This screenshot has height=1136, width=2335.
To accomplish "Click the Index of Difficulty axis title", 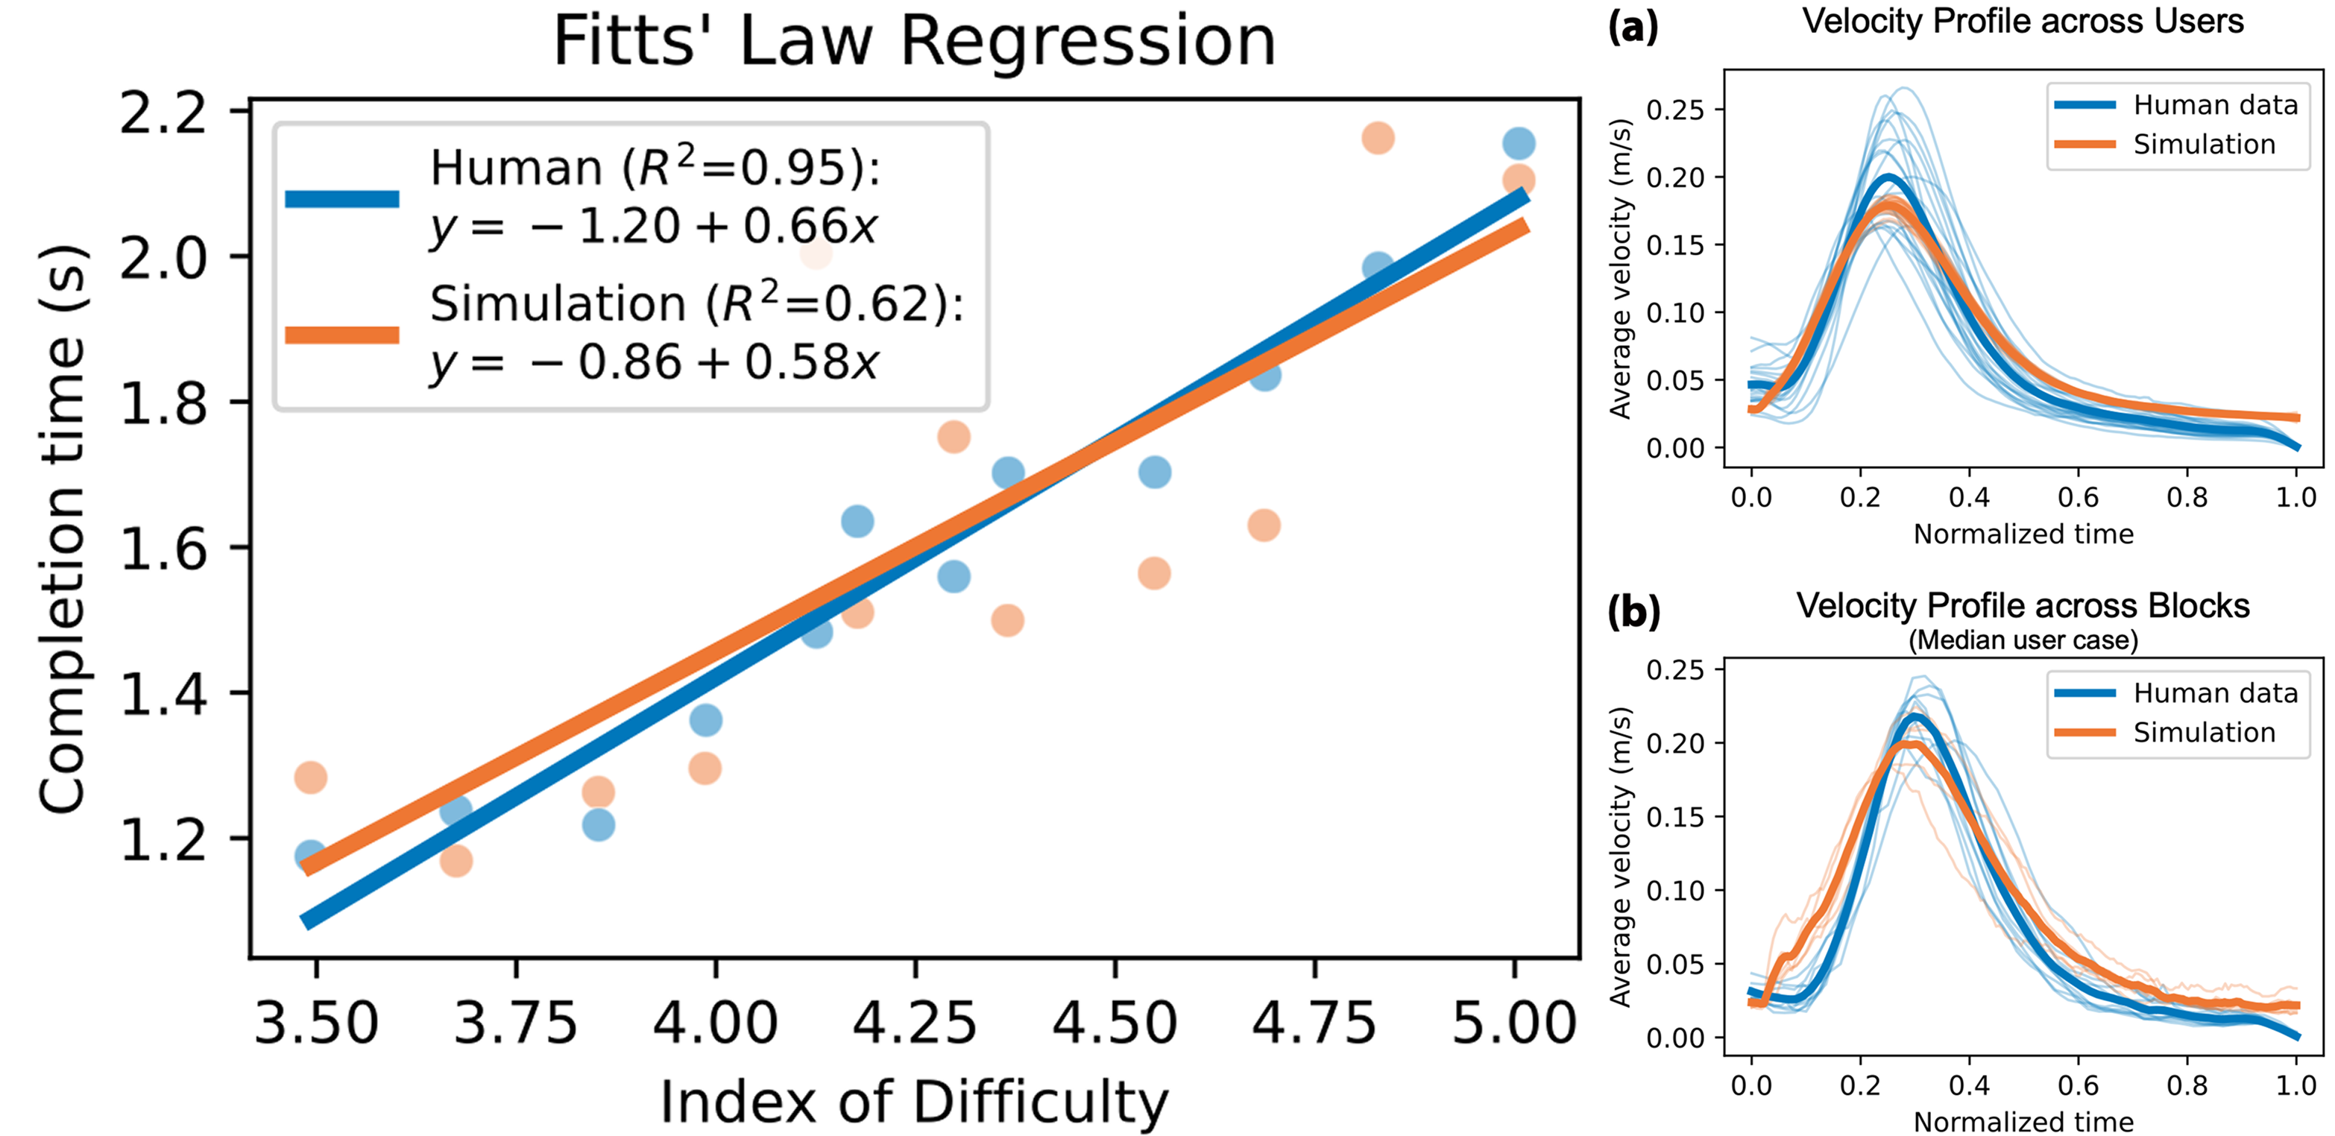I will (914, 1102).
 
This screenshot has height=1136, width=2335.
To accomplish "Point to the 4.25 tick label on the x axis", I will (915, 1023).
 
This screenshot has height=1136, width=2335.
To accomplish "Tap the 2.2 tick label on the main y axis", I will (163, 113).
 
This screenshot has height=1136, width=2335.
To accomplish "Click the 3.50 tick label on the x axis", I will (315, 1023).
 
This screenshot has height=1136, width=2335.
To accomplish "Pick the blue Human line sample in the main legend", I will (341, 198).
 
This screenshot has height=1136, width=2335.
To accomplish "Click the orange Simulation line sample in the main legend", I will (341, 335).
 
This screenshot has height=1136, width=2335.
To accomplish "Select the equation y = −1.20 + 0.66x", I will (652, 227).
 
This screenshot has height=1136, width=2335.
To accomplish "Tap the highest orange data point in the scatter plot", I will (1377, 139).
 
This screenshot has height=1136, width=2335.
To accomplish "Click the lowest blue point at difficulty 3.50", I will (310, 855).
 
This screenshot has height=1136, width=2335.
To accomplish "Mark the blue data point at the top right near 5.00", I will (1519, 143).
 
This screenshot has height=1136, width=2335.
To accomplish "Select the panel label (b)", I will (1633, 612).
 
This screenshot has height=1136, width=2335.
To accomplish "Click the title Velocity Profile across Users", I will (2023, 21).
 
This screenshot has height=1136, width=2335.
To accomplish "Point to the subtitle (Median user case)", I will (2023, 640).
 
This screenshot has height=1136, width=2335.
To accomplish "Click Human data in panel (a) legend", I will (2214, 105).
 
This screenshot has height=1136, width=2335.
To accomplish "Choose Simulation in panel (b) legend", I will (2204, 733).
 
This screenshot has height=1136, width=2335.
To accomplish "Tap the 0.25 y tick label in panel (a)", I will (1675, 110).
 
